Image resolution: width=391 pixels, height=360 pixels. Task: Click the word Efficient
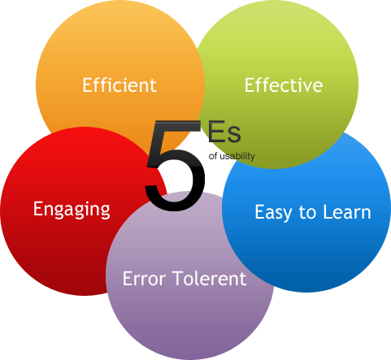pyautogui.click(x=119, y=85)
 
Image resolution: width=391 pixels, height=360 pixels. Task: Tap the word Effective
pyautogui.click(x=284, y=85)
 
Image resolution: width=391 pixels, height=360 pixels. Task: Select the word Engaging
pyautogui.click(x=72, y=210)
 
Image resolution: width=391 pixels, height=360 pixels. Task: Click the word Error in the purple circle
pyautogui.click(x=144, y=278)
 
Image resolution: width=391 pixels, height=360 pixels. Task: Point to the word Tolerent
pyautogui.click(x=209, y=278)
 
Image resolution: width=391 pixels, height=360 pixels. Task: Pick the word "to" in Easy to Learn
pyautogui.click(x=308, y=212)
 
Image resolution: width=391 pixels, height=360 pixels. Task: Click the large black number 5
pyautogui.click(x=175, y=165)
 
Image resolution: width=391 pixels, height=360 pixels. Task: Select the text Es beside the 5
pyautogui.click(x=224, y=132)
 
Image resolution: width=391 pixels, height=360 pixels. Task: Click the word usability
pyautogui.click(x=237, y=156)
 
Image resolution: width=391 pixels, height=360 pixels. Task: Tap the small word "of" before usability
pyautogui.click(x=213, y=156)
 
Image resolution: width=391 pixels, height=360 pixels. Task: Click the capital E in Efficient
pyautogui.click(x=87, y=85)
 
